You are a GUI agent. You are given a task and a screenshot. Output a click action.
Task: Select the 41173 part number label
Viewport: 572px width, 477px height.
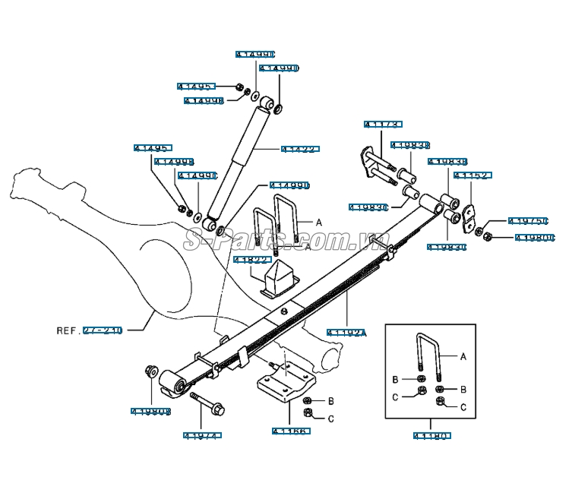click(382, 125)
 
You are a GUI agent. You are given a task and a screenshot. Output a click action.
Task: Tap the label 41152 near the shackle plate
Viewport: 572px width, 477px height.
click(472, 175)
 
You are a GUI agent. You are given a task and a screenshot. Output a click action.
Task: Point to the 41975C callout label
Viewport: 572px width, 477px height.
click(528, 221)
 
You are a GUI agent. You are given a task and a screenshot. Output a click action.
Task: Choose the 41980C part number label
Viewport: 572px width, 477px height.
click(535, 238)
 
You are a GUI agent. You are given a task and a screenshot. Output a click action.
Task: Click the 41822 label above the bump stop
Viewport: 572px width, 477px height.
click(252, 260)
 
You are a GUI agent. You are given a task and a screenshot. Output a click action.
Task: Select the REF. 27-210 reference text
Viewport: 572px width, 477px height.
click(90, 330)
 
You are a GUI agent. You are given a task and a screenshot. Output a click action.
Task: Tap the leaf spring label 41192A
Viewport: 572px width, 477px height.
click(346, 332)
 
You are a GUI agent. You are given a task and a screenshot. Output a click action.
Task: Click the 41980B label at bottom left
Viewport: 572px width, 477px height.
click(150, 411)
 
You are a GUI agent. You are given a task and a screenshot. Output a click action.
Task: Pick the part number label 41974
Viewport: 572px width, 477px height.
click(202, 435)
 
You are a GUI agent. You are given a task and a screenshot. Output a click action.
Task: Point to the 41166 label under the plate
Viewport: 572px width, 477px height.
click(290, 431)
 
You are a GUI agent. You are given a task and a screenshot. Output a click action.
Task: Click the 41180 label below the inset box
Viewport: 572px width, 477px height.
click(433, 436)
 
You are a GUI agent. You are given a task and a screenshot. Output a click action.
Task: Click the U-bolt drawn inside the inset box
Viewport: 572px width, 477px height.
click(427, 357)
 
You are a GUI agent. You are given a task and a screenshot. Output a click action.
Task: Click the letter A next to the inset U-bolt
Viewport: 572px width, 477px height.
click(463, 355)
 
